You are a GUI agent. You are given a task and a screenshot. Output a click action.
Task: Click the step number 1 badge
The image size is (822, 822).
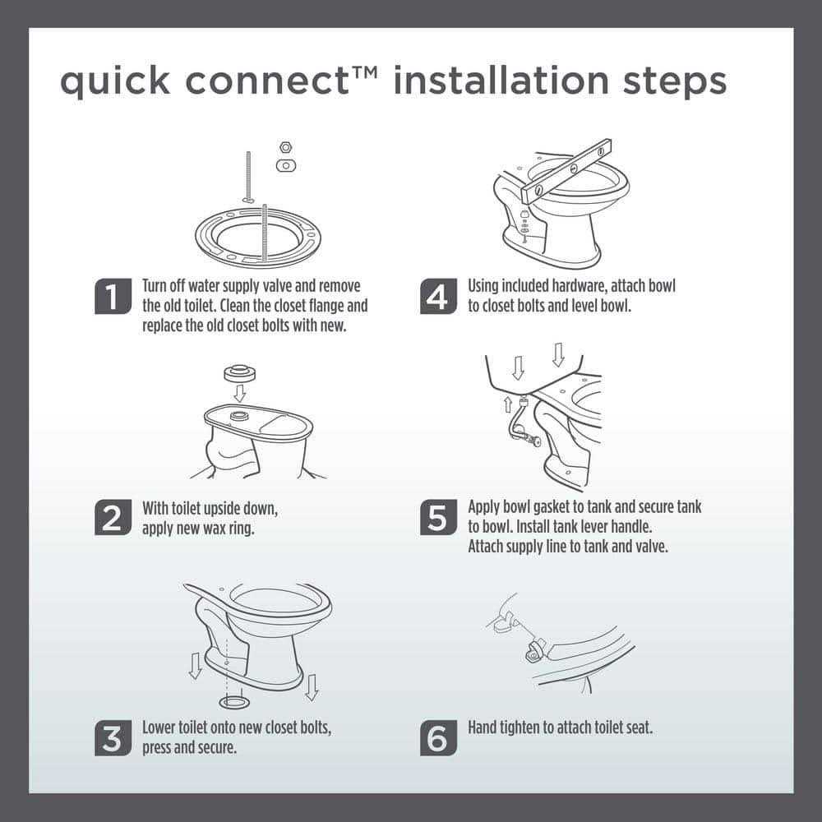click(x=113, y=296)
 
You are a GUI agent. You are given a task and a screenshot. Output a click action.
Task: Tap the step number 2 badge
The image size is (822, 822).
click(x=113, y=517)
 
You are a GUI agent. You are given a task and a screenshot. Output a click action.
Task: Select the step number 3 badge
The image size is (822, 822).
click(x=113, y=737)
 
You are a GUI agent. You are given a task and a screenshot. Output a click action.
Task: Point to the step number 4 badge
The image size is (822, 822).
click(x=438, y=296)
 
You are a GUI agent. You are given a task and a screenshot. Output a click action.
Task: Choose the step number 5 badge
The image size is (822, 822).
click(x=438, y=517)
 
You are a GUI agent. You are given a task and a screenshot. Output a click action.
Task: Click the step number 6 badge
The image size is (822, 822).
click(x=438, y=737)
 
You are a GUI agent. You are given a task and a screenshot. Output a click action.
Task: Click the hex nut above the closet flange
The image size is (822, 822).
click(x=285, y=147)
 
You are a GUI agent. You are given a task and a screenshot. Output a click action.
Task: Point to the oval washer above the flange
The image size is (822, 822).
click(x=285, y=165)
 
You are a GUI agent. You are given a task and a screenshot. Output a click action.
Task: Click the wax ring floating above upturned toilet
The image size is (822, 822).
click(x=239, y=372)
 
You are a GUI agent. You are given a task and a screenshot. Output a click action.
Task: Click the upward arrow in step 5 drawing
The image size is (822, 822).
click(x=508, y=403)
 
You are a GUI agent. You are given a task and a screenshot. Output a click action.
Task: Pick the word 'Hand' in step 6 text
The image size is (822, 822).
click(x=483, y=727)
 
